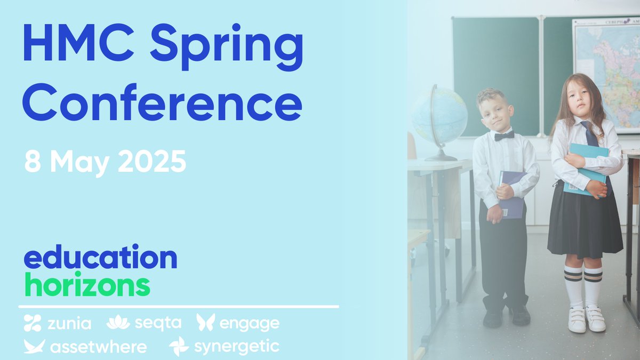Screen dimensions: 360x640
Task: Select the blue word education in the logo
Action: (100, 258)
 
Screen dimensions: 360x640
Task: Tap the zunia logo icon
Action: (33, 323)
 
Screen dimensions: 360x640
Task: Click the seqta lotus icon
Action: (118, 322)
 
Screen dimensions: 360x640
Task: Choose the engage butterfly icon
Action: (205, 322)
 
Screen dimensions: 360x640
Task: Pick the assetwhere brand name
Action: (98, 347)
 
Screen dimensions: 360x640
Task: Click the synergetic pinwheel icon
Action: (179, 346)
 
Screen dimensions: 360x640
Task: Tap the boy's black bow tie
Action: (504, 136)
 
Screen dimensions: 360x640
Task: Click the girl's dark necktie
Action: (589, 134)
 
